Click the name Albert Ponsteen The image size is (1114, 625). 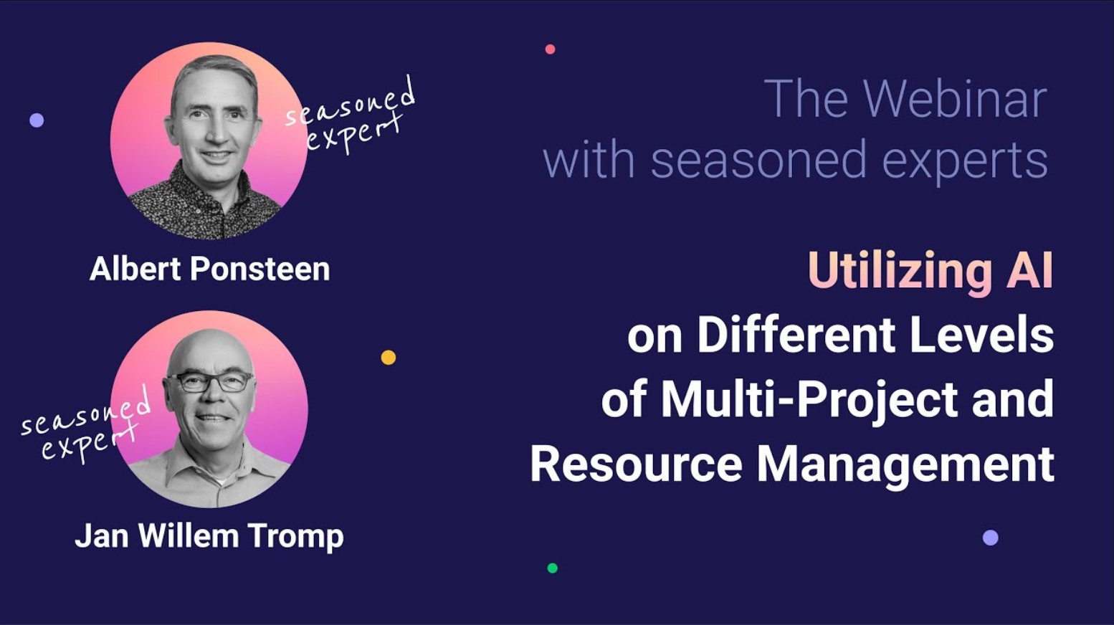[x=209, y=269]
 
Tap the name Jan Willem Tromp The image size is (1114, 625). [x=209, y=536]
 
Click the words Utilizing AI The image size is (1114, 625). [x=930, y=271]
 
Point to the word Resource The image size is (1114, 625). [x=636, y=464]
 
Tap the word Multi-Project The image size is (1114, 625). [x=809, y=400]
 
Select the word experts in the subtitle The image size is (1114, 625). [x=964, y=161]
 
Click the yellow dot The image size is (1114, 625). [x=389, y=357]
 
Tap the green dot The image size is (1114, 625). [x=552, y=568]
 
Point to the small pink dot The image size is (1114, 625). [x=550, y=49]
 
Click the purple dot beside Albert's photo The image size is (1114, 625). [x=37, y=120]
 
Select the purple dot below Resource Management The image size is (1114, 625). [x=990, y=538]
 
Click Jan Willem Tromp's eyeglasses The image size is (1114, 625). [x=210, y=381]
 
